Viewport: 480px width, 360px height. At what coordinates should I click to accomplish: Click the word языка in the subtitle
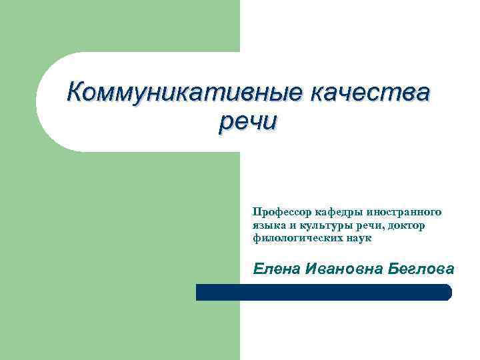268,225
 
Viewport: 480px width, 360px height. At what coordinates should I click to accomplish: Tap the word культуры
321,225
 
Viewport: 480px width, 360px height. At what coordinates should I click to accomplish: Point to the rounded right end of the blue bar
447,292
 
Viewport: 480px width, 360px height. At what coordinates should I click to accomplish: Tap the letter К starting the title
75,91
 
